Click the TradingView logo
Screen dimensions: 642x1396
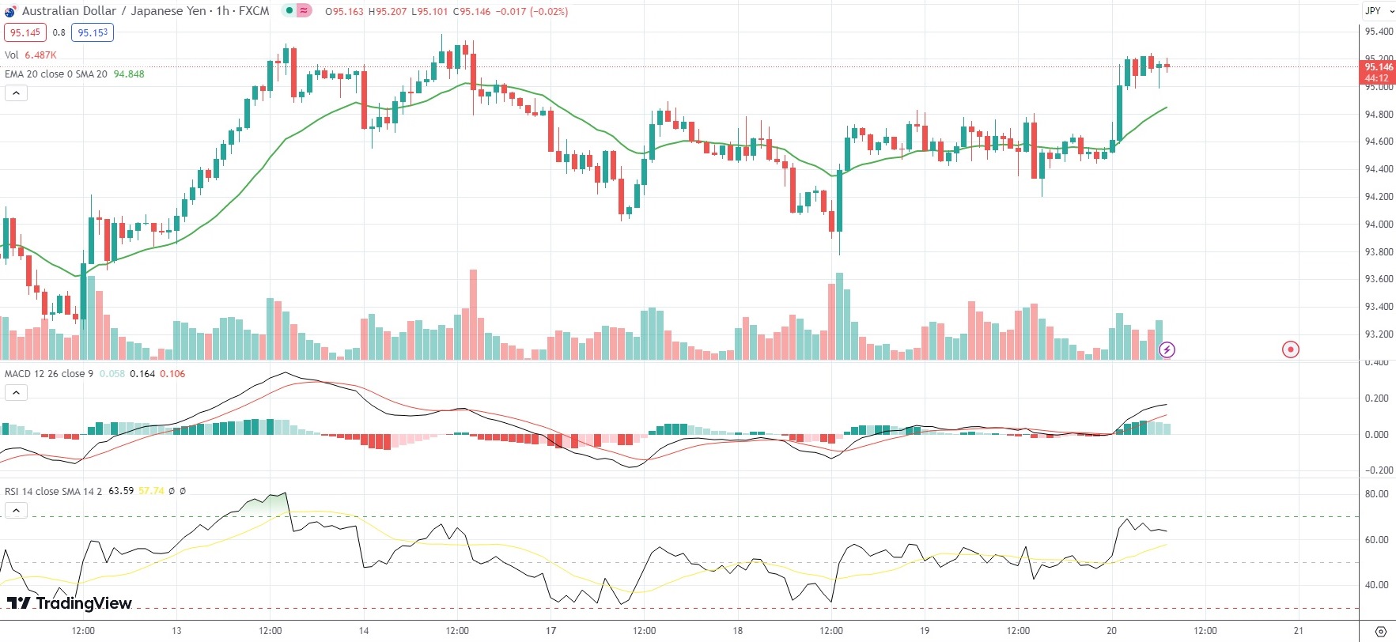70,603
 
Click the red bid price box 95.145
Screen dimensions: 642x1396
25,32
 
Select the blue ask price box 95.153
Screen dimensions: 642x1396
93,32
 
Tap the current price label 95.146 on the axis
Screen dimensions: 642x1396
1379,68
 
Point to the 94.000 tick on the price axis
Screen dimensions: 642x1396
1379,225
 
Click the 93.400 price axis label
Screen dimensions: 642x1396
1379,307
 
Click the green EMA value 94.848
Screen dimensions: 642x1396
129,74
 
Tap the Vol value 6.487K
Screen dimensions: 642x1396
40,55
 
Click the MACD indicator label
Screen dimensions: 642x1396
48,374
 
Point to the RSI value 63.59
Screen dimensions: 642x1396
121,491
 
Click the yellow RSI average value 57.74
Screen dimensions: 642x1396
151,491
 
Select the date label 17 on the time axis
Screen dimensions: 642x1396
550,631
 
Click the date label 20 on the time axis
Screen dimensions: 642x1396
1111,631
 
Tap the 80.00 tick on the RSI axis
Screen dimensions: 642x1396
1377,494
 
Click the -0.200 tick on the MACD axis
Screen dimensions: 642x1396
1377,470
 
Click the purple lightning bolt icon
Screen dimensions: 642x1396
1167,349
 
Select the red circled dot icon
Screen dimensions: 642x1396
1290,349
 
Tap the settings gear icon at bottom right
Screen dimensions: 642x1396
1381,631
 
